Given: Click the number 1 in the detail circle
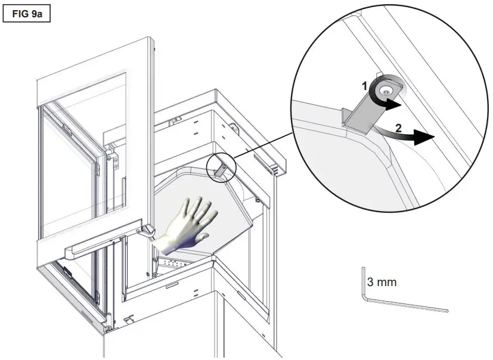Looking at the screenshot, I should [365, 86].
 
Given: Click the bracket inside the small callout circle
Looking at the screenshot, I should [219, 169].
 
